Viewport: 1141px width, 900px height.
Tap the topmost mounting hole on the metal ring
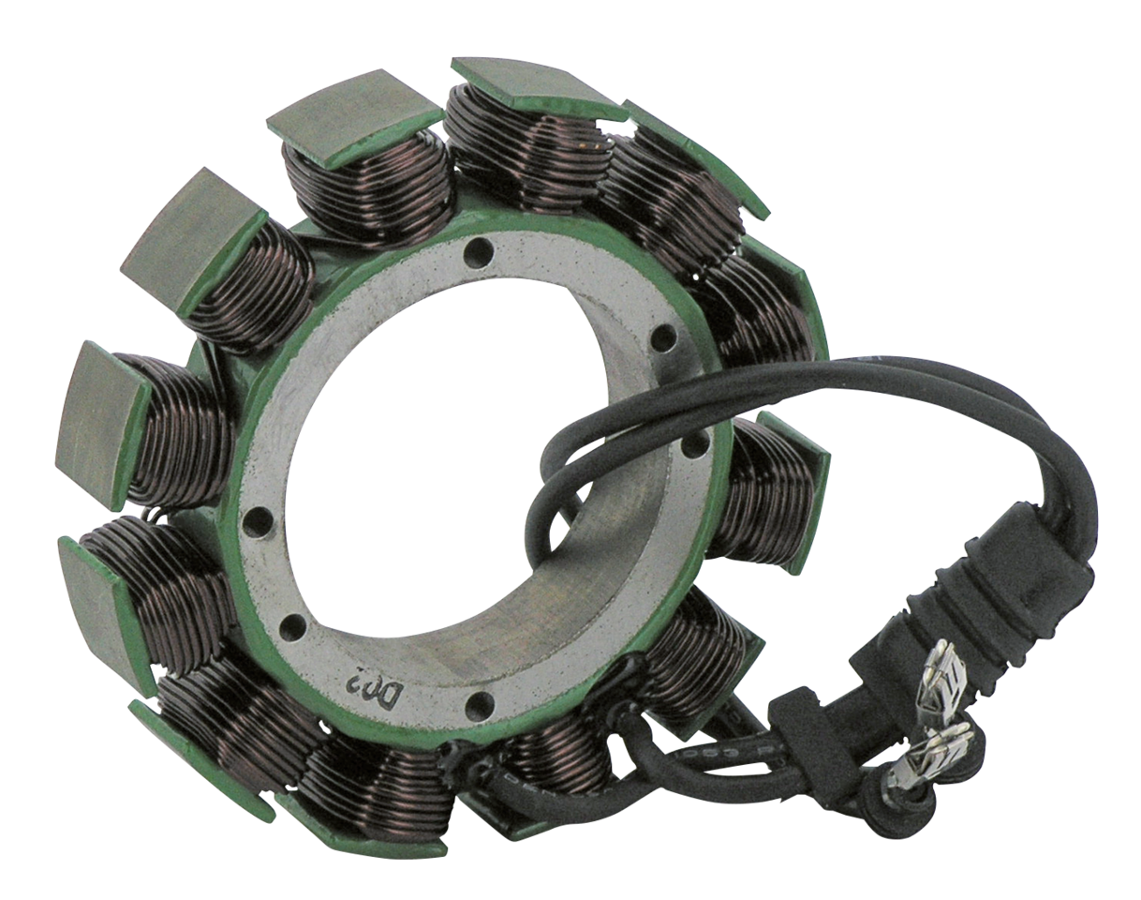(480, 251)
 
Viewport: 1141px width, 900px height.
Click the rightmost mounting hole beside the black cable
(693, 447)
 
